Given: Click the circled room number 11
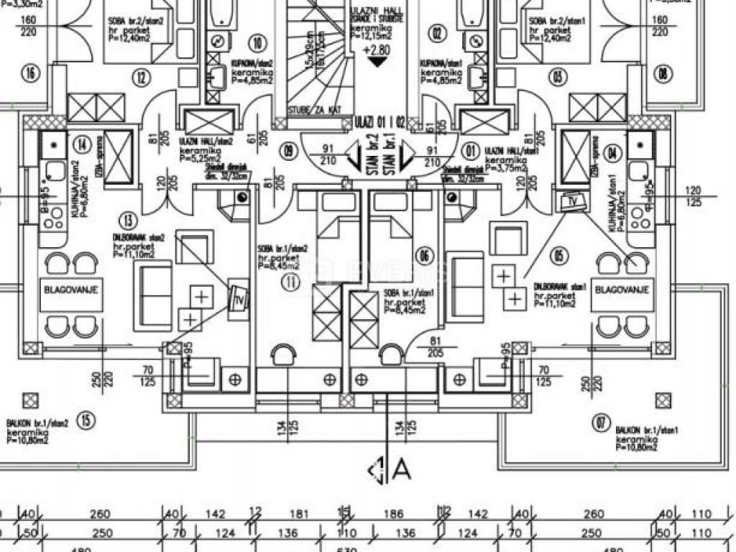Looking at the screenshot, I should coord(290,282).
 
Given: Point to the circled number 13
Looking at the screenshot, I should coord(129,220).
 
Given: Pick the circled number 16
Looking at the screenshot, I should coord(29,73).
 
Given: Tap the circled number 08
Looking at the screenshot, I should coord(663,73).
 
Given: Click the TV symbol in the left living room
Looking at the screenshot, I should coord(237,298).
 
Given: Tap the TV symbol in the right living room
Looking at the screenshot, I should coord(574,201).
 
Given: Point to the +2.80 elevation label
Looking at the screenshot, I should coord(377,51).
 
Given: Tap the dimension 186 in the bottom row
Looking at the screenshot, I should coord(392,515).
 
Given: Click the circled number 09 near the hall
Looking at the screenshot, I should coord(289,151).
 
